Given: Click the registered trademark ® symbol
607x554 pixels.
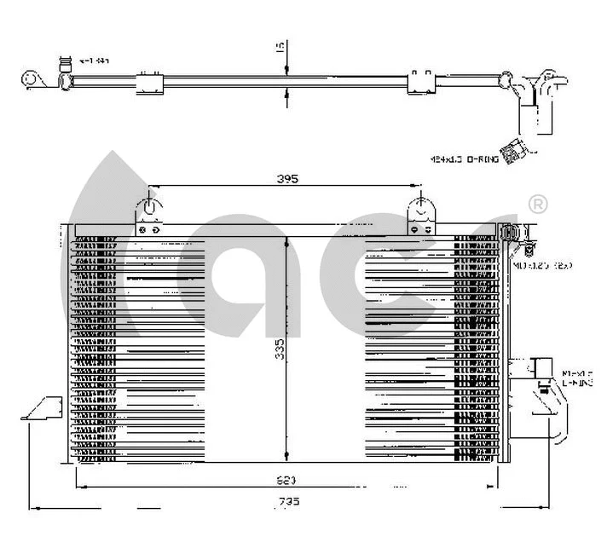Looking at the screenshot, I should tap(538, 205).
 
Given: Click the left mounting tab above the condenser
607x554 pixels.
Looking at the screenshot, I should tap(150, 214).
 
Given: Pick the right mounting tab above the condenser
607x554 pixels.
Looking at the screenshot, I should tap(420, 214).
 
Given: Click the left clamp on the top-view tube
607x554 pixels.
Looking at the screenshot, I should tap(150, 83).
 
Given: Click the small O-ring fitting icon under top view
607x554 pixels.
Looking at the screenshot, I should tap(513, 151).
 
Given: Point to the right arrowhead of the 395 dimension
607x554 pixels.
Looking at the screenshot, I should tap(415, 186).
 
